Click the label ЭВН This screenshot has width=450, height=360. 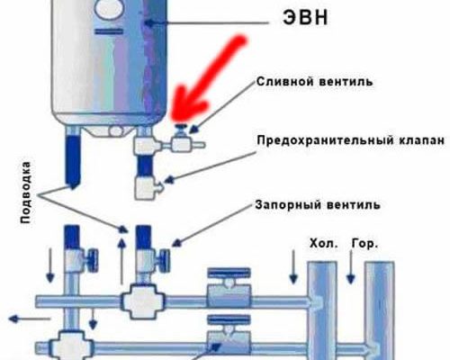click(x=305, y=18)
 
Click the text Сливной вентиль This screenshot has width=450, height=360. click(x=315, y=81)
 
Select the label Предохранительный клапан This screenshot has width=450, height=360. click(x=351, y=140)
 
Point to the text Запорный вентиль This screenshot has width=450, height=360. click(x=318, y=205)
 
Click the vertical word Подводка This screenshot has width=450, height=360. click(x=26, y=193)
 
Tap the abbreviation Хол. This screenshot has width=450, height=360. click(x=323, y=243)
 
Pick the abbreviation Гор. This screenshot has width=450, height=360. click(x=364, y=243)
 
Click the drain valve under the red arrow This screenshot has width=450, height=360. click(x=182, y=139)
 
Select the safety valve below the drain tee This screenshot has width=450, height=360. click(x=147, y=187)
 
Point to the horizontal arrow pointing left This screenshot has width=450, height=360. click(x=29, y=319)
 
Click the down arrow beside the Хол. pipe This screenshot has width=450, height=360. click(x=293, y=266)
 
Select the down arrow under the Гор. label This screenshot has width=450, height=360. click(x=350, y=266)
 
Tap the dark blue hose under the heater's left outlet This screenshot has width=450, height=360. click(x=73, y=160)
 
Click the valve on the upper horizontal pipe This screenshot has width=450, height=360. click(x=229, y=288)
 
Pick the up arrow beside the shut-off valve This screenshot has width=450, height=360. click(x=121, y=260)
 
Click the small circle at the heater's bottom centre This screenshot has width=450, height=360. click(x=116, y=130)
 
